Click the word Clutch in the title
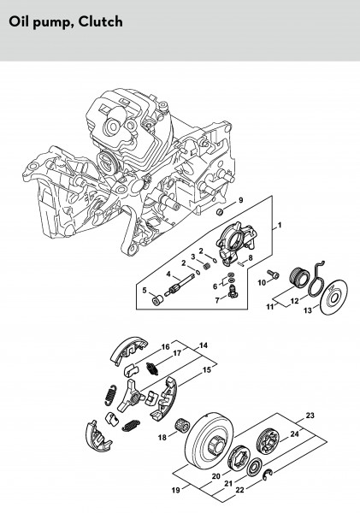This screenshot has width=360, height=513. pos(101,22)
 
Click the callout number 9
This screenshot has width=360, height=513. pos(241,200)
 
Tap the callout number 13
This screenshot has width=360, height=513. pos(308,310)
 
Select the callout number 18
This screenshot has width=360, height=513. pos(162,437)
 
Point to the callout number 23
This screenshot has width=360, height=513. pos(310,416)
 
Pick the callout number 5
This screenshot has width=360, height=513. pos(145,290)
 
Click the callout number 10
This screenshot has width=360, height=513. pos(262,282)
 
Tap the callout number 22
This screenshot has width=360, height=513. pos(240,490)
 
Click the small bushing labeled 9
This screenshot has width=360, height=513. pos(220,212)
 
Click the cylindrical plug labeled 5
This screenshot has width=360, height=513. pos(158,299)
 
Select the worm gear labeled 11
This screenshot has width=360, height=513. pos(299,278)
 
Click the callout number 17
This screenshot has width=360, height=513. pos(177,353)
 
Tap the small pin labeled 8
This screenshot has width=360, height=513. pos(242,264)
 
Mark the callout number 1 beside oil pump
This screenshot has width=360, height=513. pos(279,226)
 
